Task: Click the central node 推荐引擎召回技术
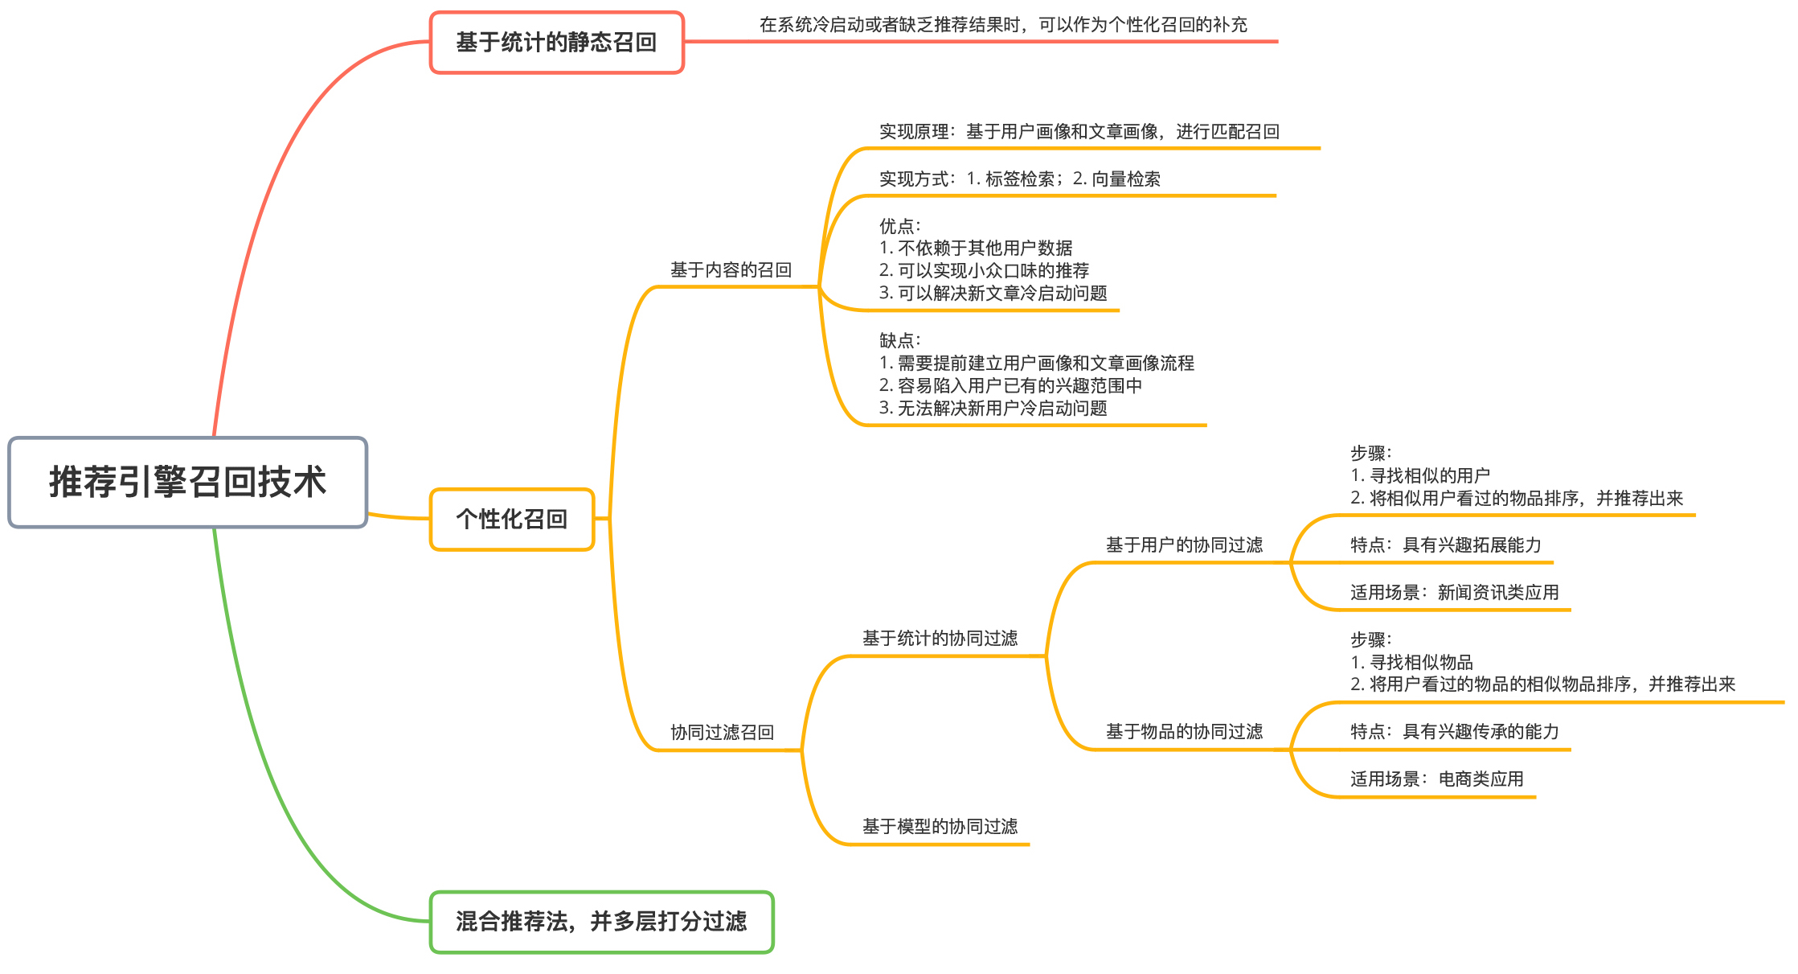[187, 483]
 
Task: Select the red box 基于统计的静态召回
[556, 43]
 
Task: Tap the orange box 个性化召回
[512, 520]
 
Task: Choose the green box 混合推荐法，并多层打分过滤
[601, 922]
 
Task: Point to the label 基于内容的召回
[731, 270]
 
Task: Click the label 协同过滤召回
[722, 733]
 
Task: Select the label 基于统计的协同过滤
[940, 639]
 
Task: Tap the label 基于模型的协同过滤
[940, 827]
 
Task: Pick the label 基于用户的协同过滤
[1184, 545]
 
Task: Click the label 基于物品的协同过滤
[1184, 732]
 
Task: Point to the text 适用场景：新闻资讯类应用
[1454, 593]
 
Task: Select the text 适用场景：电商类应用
[1436, 779]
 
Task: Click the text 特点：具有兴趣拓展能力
[1445, 545]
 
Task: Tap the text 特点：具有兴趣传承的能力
[1454, 732]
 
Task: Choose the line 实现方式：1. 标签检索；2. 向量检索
[1019, 179]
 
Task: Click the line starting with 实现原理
[1079, 132]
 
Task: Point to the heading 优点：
[900, 226]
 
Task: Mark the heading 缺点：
[900, 341]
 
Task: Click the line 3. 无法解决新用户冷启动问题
[993, 409]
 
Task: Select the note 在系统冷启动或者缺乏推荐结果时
[1003, 25]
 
